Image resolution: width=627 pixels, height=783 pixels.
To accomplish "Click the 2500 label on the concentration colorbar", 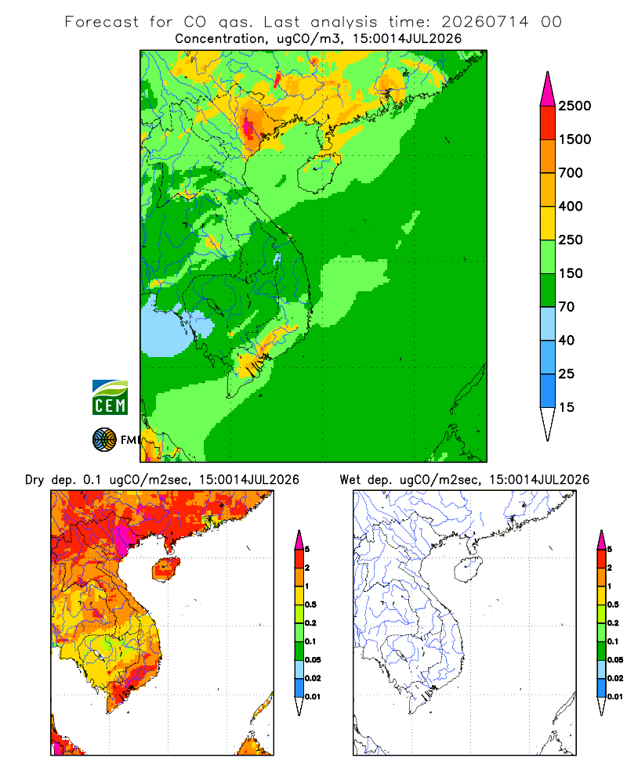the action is tap(574, 106).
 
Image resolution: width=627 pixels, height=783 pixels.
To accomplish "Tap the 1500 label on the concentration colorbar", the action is tap(574, 139).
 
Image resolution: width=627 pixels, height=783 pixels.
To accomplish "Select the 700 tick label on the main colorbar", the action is tap(571, 173).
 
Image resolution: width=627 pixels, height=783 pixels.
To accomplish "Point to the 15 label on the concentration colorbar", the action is tap(567, 407).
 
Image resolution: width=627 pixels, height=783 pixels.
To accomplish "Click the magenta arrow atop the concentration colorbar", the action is tap(548, 90).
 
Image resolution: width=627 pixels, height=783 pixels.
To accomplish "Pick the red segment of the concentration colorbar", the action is tap(548, 123).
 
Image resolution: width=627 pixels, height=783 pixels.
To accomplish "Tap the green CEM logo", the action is tap(110, 398).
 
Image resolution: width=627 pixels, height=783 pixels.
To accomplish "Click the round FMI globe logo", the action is tap(104, 440).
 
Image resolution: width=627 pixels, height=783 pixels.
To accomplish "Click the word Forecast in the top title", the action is tap(102, 22).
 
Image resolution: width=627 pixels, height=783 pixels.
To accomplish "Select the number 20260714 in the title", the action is tap(484, 22).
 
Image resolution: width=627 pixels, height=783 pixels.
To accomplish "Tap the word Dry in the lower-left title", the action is tap(34, 480).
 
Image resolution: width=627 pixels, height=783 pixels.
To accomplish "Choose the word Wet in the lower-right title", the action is tap(350, 480).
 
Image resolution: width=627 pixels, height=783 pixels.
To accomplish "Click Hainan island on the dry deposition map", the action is tap(165, 568).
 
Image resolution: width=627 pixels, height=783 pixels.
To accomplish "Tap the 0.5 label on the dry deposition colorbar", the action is tap(310, 604).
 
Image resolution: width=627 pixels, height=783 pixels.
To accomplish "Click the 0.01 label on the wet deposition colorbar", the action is tap(615, 697).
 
